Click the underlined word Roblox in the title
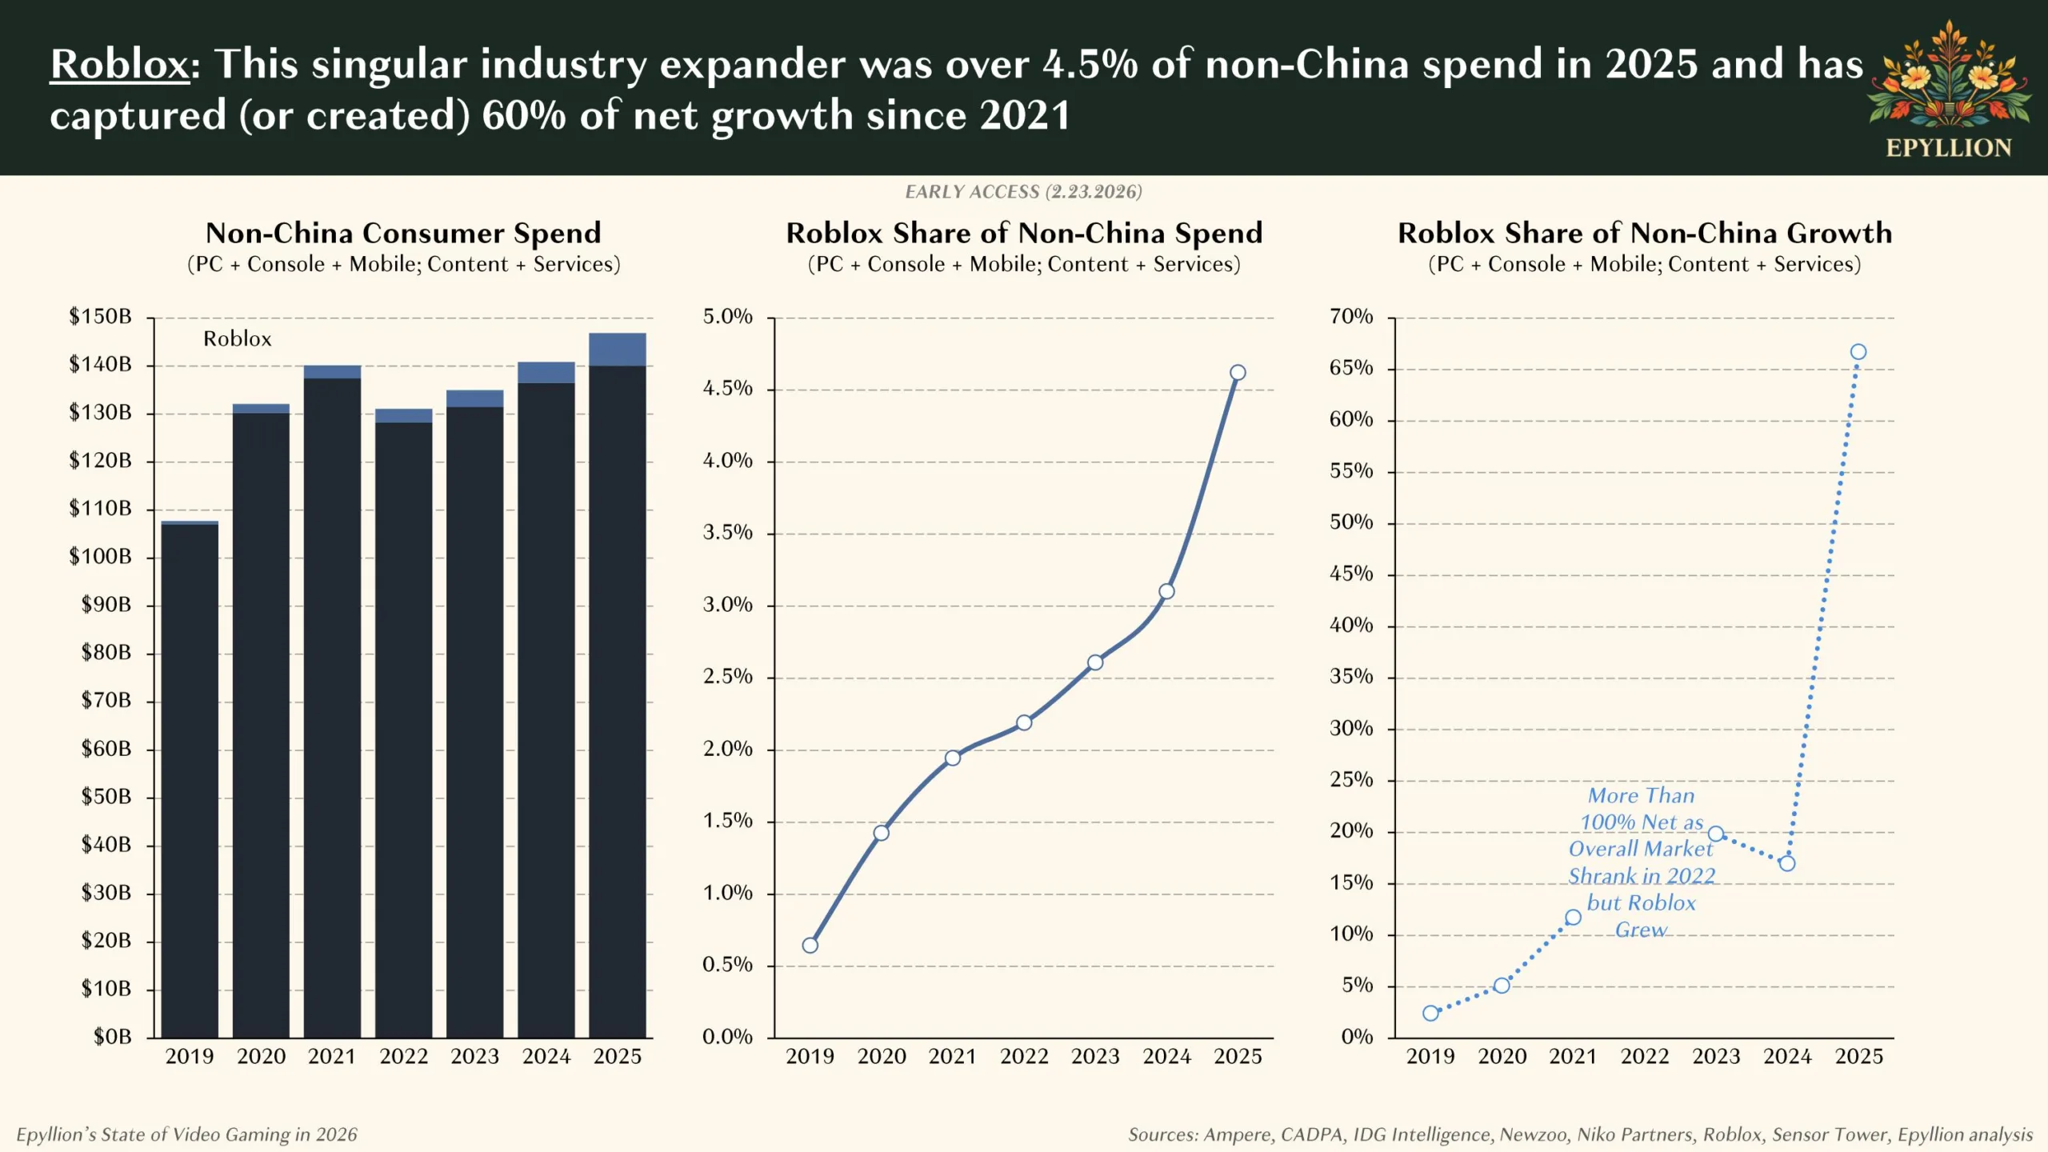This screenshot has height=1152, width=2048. [119, 64]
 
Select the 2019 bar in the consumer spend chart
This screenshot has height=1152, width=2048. [190, 780]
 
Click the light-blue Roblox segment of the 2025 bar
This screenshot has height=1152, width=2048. [617, 350]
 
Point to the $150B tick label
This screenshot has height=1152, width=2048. [100, 317]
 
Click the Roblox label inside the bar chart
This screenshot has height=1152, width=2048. [238, 339]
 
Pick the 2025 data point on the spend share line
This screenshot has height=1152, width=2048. [1238, 373]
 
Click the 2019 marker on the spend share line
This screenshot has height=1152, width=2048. [810, 946]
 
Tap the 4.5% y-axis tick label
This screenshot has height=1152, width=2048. [727, 389]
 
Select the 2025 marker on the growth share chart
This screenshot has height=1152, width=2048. [1858, 352]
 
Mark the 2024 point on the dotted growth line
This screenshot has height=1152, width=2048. [1787, 864]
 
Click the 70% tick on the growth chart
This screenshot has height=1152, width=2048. [1351, 317]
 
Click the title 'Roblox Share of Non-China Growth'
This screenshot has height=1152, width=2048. [1645, 233]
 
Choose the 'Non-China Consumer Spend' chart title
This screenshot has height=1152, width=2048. [403, 233]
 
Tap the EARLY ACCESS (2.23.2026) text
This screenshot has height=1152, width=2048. [1023, 192]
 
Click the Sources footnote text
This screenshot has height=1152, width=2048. [1580, 1134]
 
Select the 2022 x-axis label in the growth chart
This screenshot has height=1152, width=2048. [1645, 1057]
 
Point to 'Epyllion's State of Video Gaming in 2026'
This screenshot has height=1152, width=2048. [186, 1134]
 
